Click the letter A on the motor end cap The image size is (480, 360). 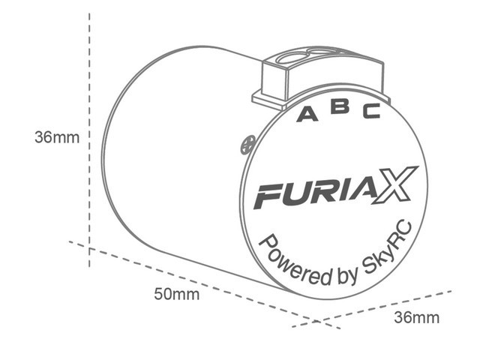tap(307, 114)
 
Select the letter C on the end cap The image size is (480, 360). tap(372, 111)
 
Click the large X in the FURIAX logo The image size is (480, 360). tap(395, 185)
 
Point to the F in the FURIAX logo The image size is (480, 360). tap(268, 196)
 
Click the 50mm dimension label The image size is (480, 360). tap(177, 294)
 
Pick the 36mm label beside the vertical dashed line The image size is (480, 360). tap(57, 137)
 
